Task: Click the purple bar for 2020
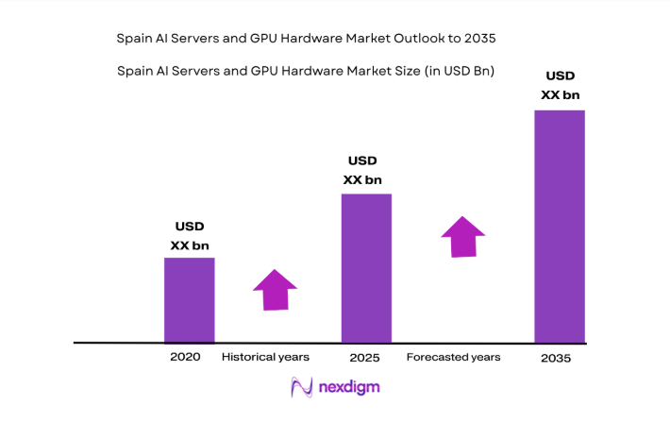point(189,299)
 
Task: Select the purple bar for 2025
point(365,267)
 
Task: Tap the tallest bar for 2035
point(559,226)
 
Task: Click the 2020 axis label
point(185,358)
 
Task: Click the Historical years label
point(265,358)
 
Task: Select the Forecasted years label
point(453,358)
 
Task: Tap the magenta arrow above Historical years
point(275,290)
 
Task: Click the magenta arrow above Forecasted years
point(462,236)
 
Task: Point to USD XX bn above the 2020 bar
point(190,236)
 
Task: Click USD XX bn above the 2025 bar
point(362,170)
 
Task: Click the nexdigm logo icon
point(302,387)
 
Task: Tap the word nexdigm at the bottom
point(349,387)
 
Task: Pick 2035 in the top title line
point(477,39)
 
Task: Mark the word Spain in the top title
point(134,39)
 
